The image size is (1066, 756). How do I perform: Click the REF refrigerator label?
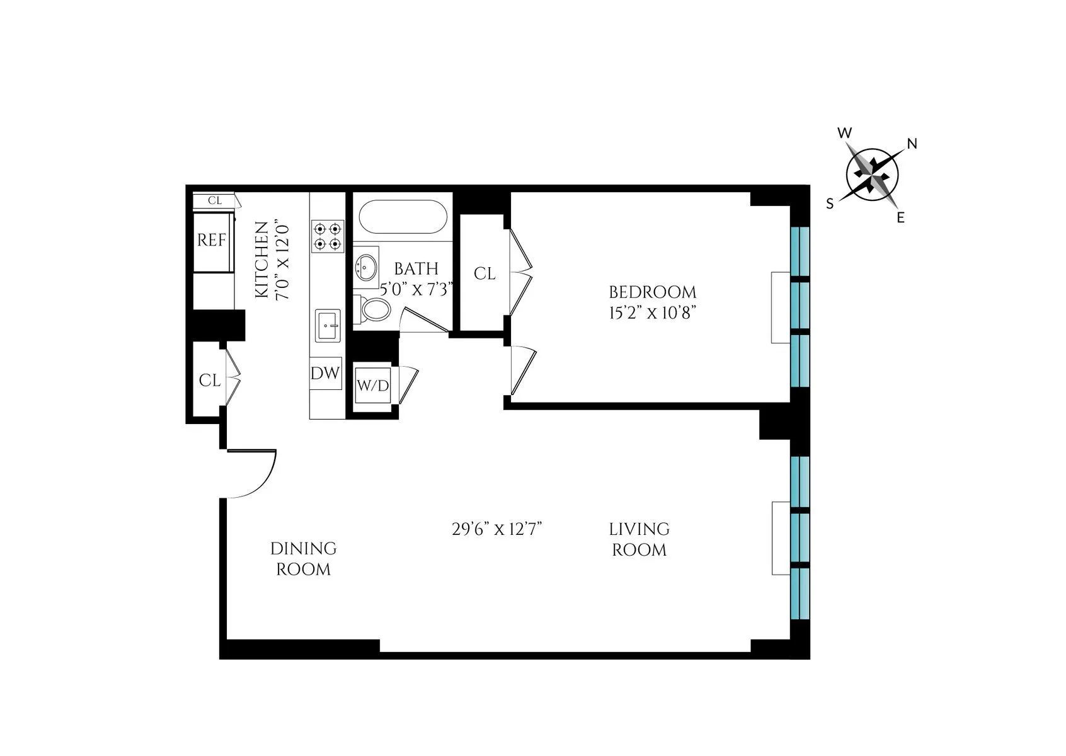(x=212, y=240)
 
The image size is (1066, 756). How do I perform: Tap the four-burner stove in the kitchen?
(x=328, y=235)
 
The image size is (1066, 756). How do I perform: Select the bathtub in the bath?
(x=403, y=217)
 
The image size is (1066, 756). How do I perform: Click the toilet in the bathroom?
(x=375, y=310)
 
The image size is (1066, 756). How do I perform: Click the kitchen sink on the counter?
(x=328, y=326)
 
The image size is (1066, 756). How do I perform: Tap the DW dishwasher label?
(x=325, y=373)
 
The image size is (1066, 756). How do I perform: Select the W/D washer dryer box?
(x=373, y=386)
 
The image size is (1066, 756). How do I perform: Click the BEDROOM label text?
(x=652, y=292)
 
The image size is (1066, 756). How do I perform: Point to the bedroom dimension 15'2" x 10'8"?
(x=652, y=313)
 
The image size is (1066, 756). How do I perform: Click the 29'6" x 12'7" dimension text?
(x=497, y=529)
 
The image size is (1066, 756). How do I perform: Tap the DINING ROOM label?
(x=304, y=559)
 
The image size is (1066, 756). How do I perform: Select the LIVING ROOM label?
(x=639, y=539)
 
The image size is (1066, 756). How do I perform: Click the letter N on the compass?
(x=911, y=144)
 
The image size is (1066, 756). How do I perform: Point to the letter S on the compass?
(x=830, y=203)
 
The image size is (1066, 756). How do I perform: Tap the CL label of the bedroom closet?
(x=484, y=274)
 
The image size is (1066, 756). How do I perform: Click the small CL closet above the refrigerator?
(x=215, y=201)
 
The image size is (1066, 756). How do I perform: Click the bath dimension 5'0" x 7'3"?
(x=417, y=289)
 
